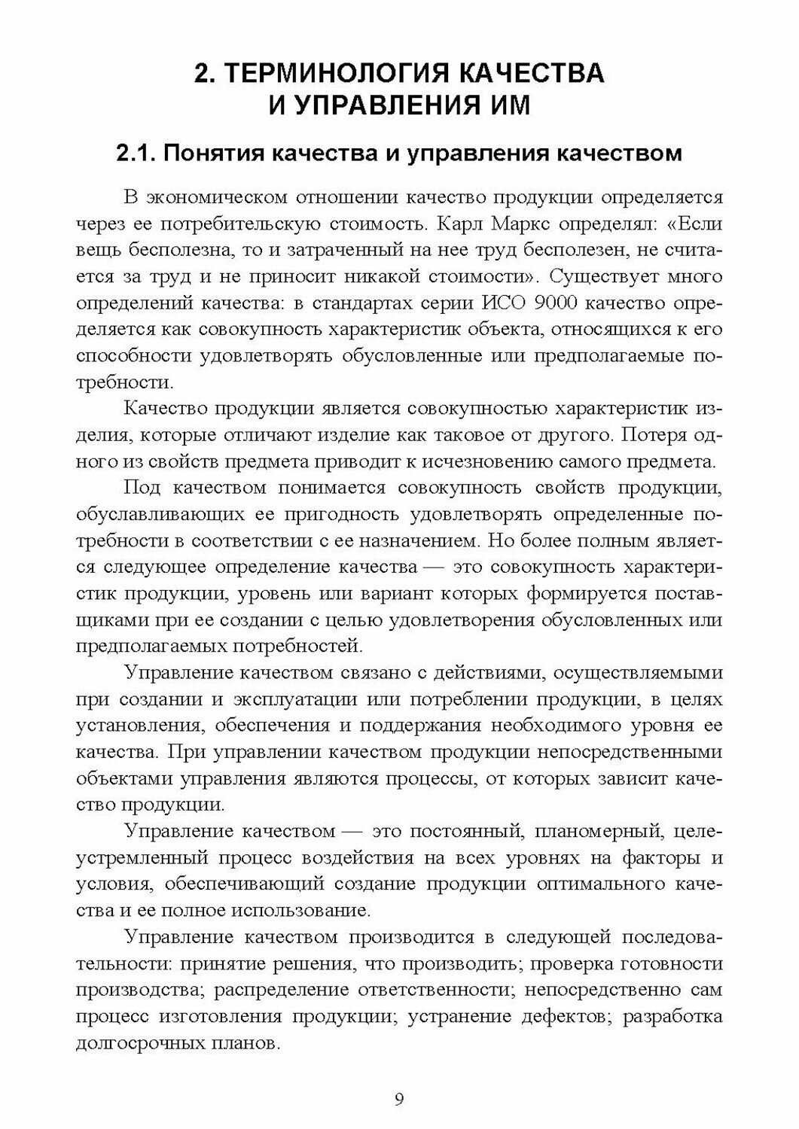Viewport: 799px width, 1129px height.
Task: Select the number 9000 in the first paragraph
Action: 554,303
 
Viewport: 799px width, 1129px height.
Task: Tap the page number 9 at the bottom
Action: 399,1100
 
